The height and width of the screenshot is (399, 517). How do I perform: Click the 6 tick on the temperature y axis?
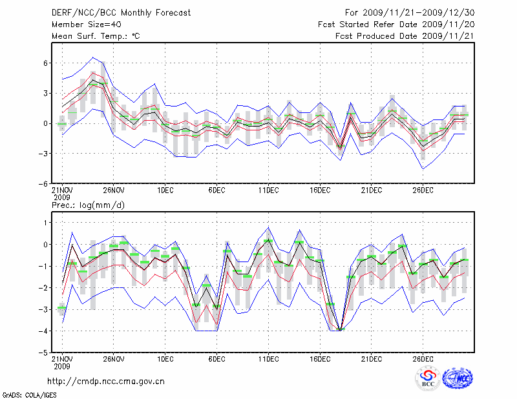[x=46, y=63]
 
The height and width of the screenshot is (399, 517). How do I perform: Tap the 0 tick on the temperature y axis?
[x=46, y=123]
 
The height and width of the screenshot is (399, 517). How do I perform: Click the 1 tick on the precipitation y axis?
[x=46, y=223]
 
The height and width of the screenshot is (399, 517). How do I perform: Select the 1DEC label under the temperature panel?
[x=165, y=190]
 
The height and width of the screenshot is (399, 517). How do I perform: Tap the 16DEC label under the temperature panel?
[x=320, y=190]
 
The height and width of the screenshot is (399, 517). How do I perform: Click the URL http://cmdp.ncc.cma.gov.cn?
[x=106, y=381]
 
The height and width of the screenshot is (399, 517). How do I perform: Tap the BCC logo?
[x=427, y=378]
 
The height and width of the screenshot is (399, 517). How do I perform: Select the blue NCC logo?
[x=458, y=378]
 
